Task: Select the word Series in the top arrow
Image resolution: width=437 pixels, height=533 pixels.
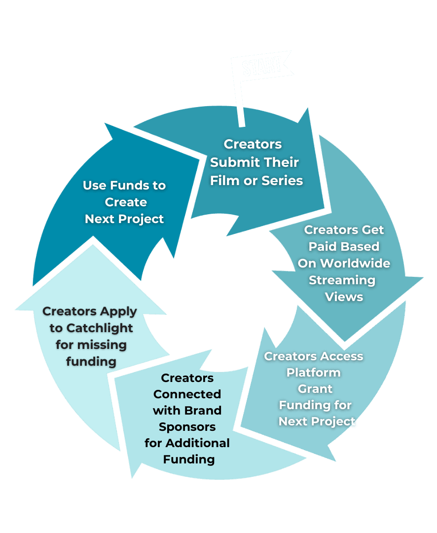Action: (x=282, y=181)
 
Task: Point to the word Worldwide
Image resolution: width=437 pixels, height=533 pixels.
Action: (x=344, y=264)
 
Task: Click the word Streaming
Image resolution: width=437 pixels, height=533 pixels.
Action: (x=342, y=280)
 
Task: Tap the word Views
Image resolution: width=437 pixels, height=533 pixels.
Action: (x=344, y=297)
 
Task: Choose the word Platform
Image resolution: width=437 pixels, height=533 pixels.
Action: (x=313, y=373)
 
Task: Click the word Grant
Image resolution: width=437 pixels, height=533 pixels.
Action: (x=315, y=389)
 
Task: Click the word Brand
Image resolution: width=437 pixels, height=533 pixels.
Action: (x=204, y=411)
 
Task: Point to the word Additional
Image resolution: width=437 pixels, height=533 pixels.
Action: (x=199, y=443)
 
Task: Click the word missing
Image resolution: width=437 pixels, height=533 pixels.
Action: (x=91, y=344)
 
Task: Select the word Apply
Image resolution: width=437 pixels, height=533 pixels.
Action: (x=118, y=311)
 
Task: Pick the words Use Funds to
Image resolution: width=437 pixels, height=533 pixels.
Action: (x=124, y=186)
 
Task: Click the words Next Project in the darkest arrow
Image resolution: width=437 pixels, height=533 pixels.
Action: (x=124, y=219)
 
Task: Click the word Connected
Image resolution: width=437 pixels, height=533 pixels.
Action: (x=187, y=394)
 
